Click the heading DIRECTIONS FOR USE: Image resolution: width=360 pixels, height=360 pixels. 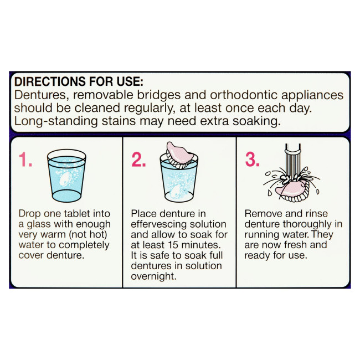pos(79,81)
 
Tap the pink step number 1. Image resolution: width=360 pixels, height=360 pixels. pos(25,160)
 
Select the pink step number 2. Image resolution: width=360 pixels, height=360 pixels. pos(138,160)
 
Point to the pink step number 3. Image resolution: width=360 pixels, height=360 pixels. pos(253,160)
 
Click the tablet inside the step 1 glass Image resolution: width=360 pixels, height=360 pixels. pos(66,179)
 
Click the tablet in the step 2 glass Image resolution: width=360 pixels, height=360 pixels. pos(176,191)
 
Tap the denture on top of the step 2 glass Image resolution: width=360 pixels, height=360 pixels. pos(180,155)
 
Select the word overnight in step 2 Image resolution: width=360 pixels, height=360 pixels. pos(153,276)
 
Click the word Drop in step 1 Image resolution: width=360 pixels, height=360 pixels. pos(29,214)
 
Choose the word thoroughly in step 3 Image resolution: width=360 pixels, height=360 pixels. pos(307,224)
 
